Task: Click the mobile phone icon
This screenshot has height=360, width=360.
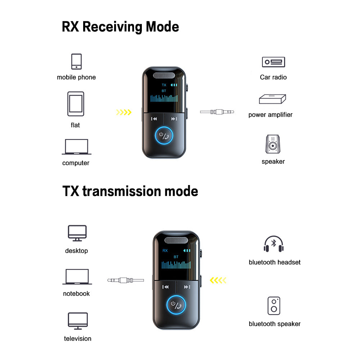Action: click(x=76, y=62)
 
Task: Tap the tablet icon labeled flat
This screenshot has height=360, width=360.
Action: click(x=76, y=104)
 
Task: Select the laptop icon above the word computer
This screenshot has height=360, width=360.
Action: click(x=77, y=147)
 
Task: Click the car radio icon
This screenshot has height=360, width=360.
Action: click(x=273, y=62)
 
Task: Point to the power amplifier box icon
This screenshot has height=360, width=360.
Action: click(x=273, y=99)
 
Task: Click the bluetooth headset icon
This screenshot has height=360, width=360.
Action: click(x=274, y=244)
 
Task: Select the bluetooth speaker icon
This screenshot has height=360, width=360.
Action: click(x=274, y=306)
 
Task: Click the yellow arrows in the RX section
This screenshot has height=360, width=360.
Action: click(x=123, y=112)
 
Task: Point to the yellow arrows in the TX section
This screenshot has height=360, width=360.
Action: click(x=218, y=280)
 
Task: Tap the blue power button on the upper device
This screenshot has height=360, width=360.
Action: click(x=164, y=136)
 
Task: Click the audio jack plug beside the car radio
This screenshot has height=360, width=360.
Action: click(x=217, y=112)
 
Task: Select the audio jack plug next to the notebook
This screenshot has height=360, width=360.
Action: click(x=126, y=280)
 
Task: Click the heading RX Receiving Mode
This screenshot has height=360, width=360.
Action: click(x=120, y=27)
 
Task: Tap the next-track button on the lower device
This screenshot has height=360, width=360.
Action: click(x=187, y=287)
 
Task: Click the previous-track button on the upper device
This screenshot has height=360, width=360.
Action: click(x=154, y=119)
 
